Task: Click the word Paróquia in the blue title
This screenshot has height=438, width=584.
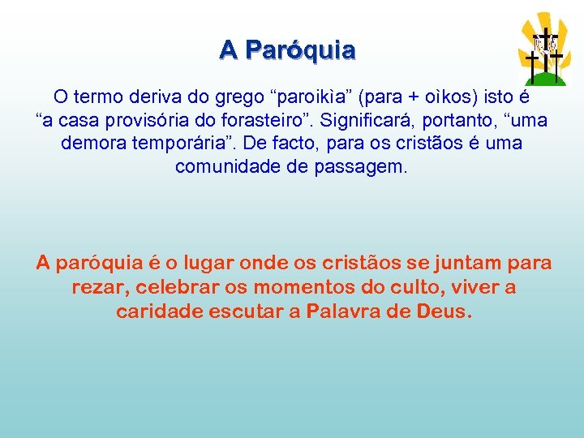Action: [x=300, y=50]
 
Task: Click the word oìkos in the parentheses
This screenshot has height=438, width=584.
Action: [x=452, y=97]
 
